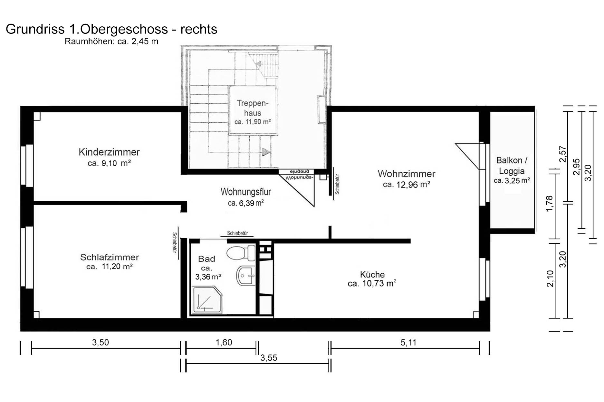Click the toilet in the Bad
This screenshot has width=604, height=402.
click(241, 253)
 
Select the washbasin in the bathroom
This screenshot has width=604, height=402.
click(246, 276)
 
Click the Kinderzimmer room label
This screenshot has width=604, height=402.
click(109, 152)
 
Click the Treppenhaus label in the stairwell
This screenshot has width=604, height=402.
click(253, 108)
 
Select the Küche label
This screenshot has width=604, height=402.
click(372, 274)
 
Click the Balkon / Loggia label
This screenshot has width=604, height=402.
click(512, 165)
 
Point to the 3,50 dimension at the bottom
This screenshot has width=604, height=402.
click(101, 343)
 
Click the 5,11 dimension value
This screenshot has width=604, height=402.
click(408, 343)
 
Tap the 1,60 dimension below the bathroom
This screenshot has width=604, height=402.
click(224, 343)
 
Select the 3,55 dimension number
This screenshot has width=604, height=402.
click(269, 358)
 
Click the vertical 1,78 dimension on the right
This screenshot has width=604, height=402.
click(550, 204)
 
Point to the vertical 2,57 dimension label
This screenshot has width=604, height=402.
click(562, 154)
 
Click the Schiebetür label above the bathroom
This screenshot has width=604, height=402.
click(237, 233)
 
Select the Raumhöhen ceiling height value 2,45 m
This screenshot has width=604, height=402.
click(145, 41)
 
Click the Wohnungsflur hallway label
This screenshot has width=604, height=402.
click(246, 192)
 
